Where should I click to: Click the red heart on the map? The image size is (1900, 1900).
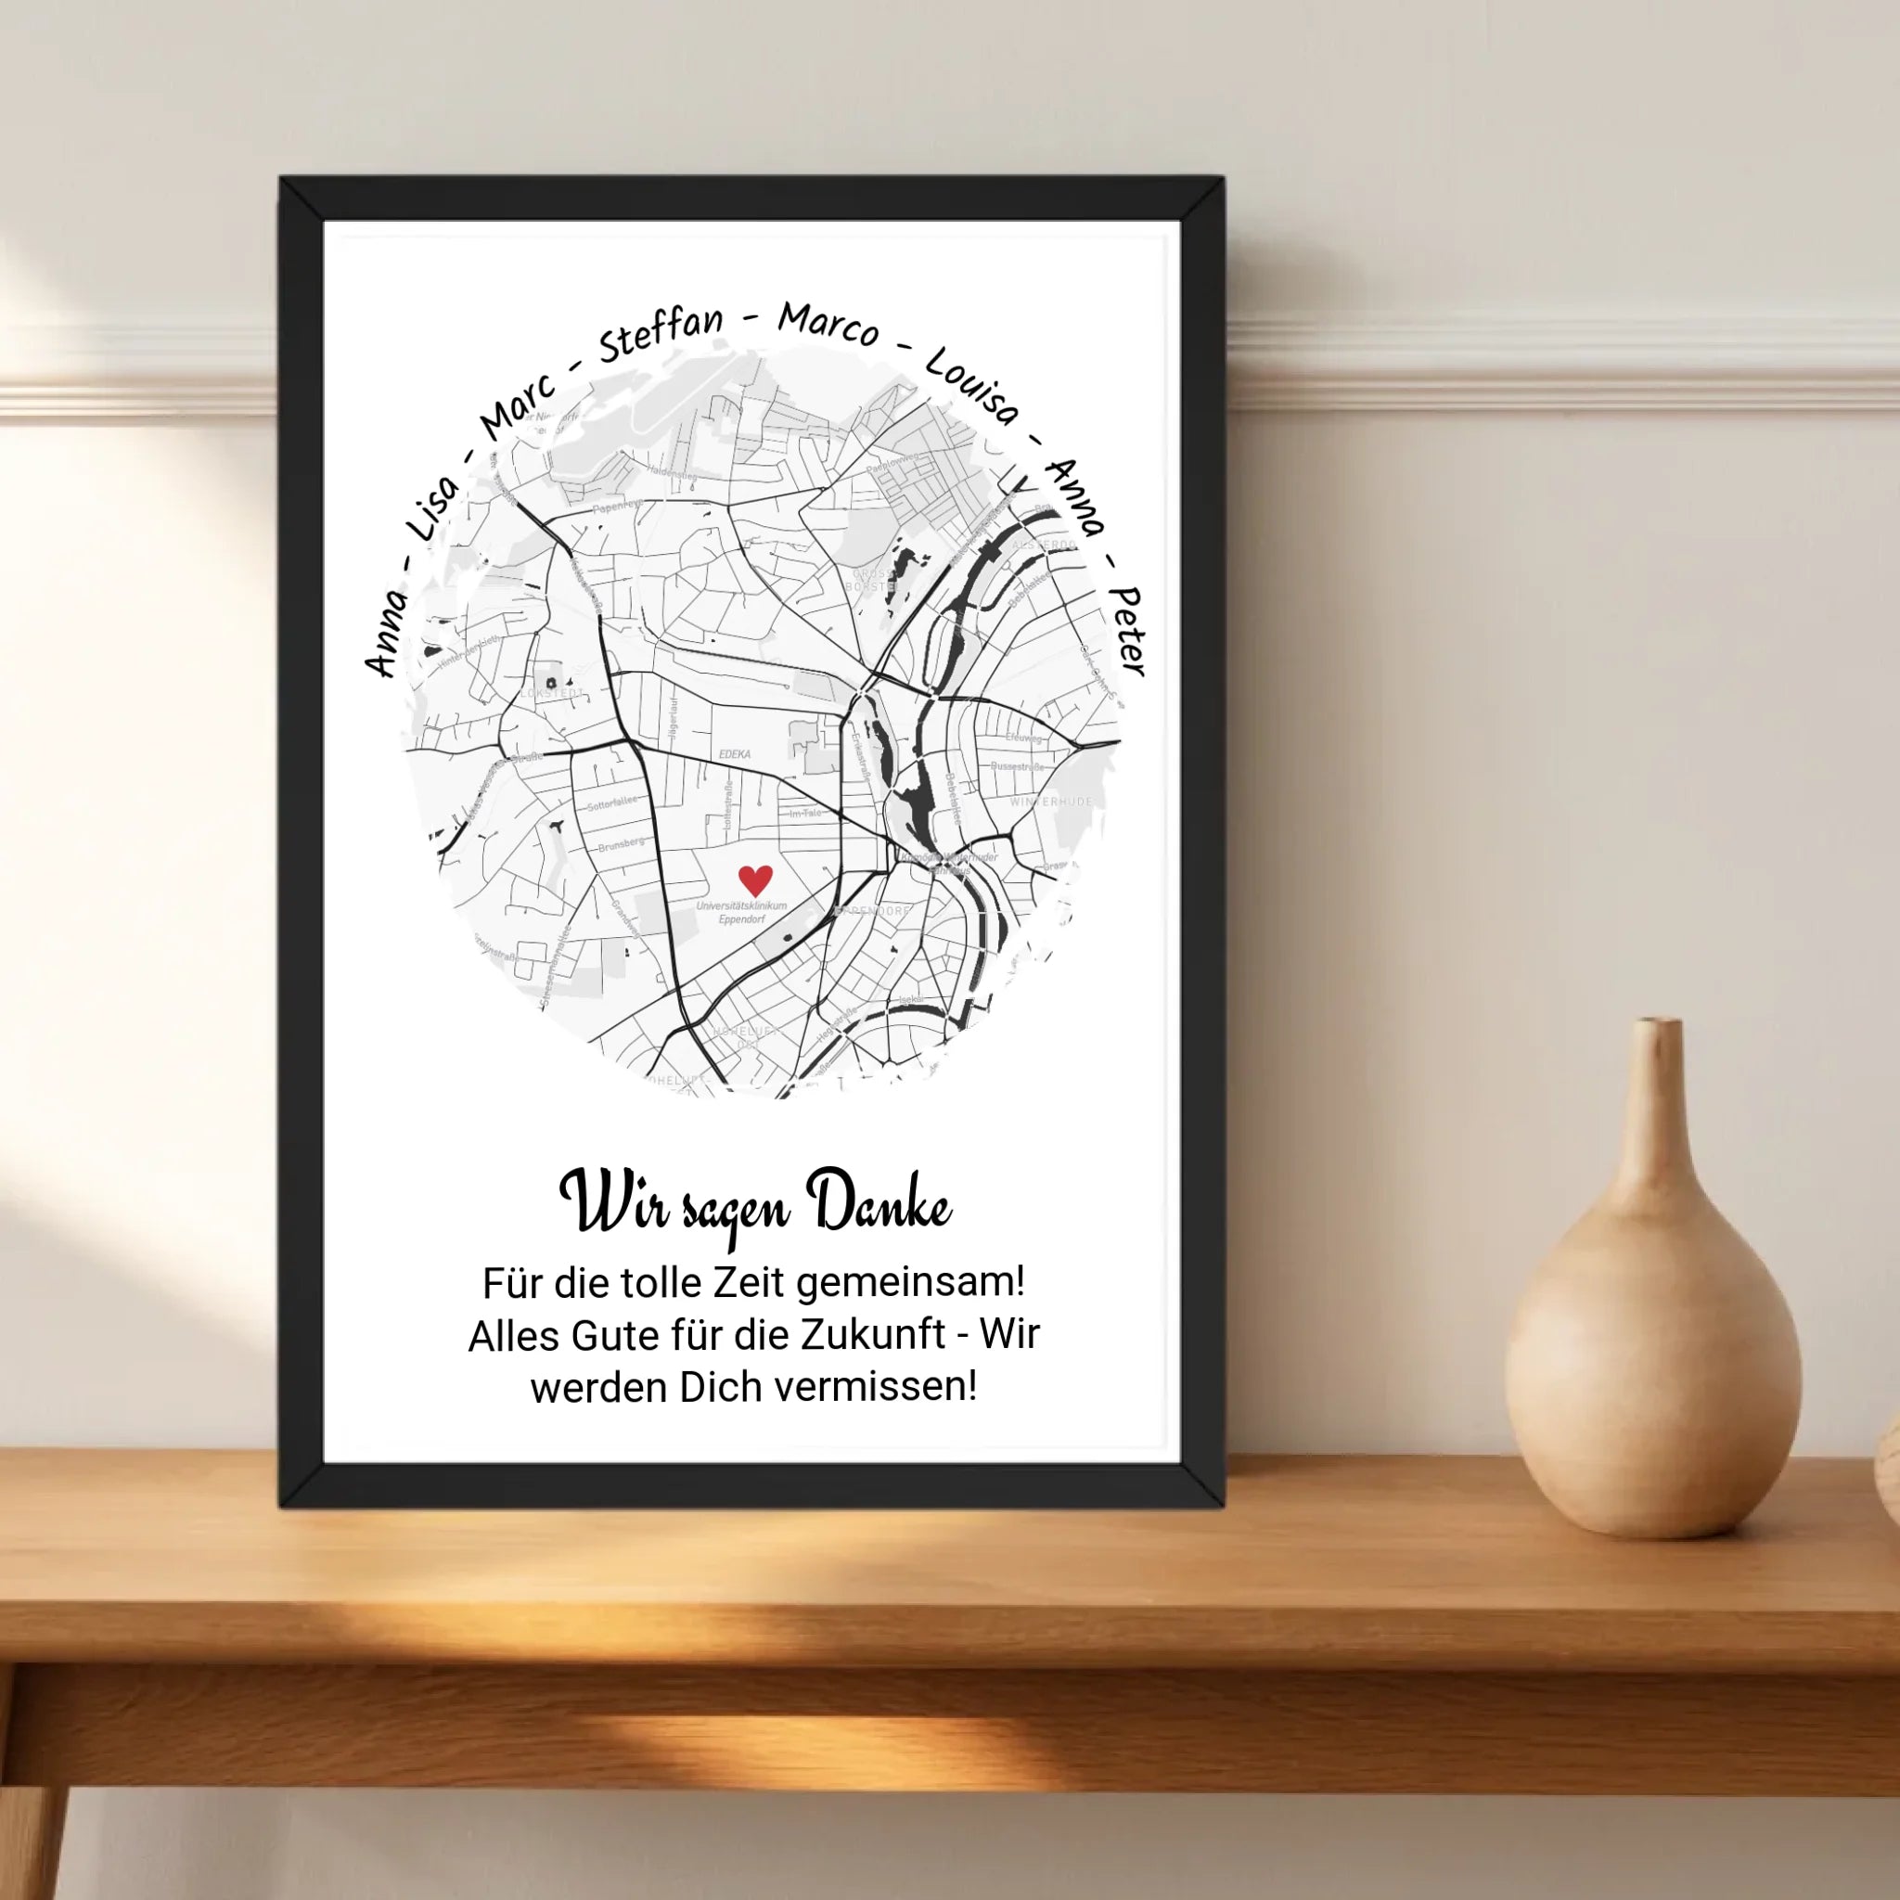[x=754, y=879]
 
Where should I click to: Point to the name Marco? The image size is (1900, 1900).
[x=828, y=324]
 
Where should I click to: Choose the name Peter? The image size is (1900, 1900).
[x=1127, y=632]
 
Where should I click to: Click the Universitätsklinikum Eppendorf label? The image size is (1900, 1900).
[x=741, y=912]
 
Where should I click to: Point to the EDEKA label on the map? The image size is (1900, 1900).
[x=735, y=754]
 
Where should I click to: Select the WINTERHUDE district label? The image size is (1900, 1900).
[x=1050, y=802]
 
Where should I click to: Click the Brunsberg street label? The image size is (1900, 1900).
[x=622, y=844]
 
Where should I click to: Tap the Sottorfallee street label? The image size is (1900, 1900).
[x=611, y=803]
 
